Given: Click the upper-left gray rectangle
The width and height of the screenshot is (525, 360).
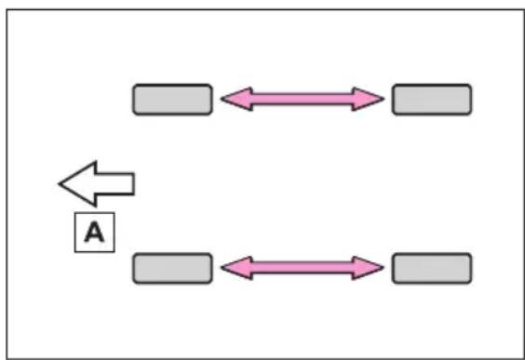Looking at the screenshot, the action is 172,100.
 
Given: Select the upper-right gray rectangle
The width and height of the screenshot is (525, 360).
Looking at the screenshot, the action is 432,100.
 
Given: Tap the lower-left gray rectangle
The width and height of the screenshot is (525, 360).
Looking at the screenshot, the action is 172,268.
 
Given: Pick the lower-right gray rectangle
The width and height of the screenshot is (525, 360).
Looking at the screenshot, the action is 432,268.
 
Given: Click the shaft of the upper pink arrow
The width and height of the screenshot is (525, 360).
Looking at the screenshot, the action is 303,99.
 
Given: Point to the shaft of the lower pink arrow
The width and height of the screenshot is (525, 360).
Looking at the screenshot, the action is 303,267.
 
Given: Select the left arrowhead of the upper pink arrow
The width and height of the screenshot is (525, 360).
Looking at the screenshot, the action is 237,99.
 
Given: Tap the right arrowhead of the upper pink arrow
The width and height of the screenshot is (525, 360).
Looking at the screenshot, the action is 368,99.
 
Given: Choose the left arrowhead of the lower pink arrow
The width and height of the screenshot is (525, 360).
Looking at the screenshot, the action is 237,267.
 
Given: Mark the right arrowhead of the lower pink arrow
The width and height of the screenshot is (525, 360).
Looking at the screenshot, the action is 368,267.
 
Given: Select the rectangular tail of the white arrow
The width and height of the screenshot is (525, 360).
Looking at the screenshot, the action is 115,183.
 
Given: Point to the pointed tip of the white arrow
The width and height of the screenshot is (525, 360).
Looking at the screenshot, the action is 60,183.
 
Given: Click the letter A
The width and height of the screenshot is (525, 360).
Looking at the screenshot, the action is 94,233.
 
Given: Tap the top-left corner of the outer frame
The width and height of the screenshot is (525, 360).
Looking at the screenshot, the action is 7,10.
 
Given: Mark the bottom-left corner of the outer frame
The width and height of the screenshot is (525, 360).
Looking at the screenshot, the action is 7,359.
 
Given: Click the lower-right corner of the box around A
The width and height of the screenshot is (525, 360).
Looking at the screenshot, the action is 114,251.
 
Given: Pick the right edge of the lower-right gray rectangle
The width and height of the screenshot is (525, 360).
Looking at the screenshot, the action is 471,268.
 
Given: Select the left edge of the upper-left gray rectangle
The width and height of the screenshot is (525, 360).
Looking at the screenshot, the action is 134,100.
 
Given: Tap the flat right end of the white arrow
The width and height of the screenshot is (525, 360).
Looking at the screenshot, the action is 134,183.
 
